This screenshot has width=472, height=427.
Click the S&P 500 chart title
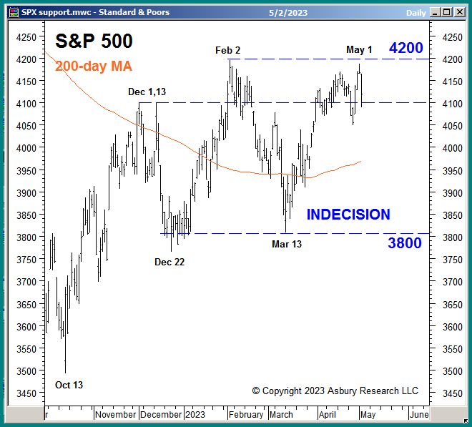pyautogui.click(x=94, y=42)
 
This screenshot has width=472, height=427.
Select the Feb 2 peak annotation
pyautogui.click(x=228, y=50)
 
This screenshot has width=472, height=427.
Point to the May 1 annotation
pyautogui.click(x=359, y=49)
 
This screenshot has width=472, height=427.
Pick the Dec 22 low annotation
pyautogui.click(x=169, y=262)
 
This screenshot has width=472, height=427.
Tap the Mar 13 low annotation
pyautogui.click(x=287, y=245)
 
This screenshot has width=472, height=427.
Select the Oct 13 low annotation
pyautogui.click(x=69, y=385)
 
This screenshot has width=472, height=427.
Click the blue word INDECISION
pyautogui.click(x=348, y=215)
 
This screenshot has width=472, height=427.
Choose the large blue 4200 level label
pyautogui.click(x=405, y=49)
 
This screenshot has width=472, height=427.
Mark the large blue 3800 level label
pyautogui.click(x=405, y=243)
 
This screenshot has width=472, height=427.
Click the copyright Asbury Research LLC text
pyautogui.click(x=335, y=391)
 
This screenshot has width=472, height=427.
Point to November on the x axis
pyautogui.click(x=115, y=414)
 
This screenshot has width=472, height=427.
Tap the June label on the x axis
pyautogui.click(x=418, y=414)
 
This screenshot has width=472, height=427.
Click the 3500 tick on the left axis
pyautogui.click(x=25, y=371)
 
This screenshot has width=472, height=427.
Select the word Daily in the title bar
pyautogui.click(x=416, y=12)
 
